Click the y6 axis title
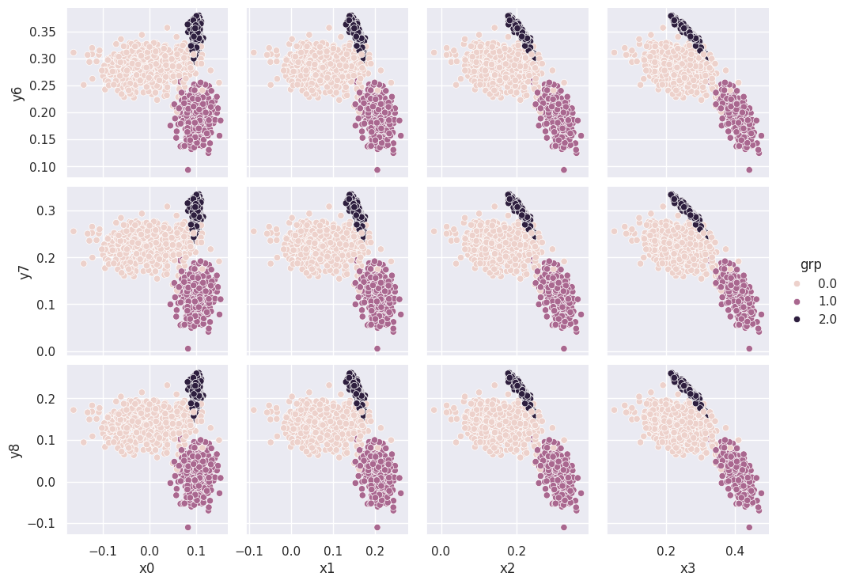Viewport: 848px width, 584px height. tap(16, 93)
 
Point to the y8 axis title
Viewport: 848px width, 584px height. tap(16, 449)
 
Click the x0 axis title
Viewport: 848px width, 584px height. tap(148, 567)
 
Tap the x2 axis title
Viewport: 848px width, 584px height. tap(508, 567)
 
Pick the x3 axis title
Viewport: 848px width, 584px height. tap(688, 567)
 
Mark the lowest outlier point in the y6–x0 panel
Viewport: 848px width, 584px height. tap(188, 169)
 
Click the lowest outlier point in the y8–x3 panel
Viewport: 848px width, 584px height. tap(749, 527)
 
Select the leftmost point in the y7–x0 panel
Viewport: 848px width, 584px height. tap(74, 231)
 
